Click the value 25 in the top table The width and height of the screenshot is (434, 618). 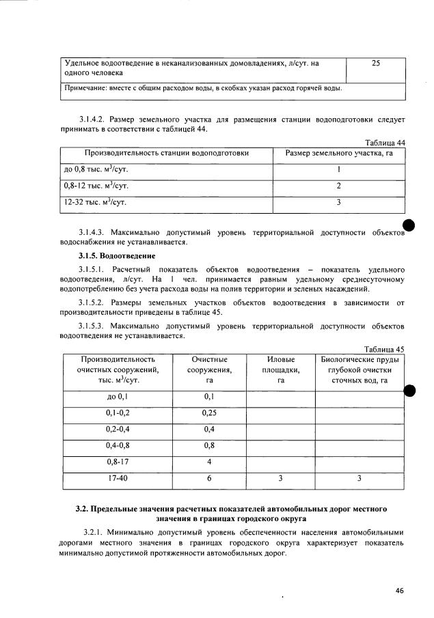click(375, 63)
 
